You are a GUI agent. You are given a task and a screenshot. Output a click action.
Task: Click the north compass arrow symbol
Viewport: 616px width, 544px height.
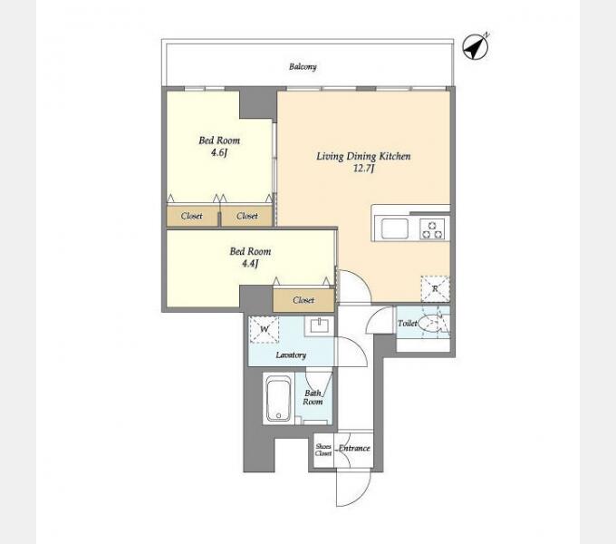(476, 47)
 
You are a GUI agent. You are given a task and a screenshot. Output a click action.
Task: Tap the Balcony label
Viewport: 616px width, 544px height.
(303, 66)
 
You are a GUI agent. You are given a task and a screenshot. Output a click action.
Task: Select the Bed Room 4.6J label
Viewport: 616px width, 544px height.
(219, 146)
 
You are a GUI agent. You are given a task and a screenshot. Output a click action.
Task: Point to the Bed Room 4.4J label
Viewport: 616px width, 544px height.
(250, 257)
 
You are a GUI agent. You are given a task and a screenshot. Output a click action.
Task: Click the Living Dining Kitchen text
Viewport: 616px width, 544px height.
(363, 156)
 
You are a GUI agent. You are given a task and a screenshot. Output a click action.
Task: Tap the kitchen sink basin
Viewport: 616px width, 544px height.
(395, 228)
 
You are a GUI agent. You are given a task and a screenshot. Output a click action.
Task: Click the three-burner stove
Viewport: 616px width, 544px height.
(432, 229)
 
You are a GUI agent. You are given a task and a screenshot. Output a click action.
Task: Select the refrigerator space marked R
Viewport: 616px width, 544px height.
(435, 289)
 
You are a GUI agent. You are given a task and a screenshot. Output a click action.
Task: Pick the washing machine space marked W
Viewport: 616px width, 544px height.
(265, 329)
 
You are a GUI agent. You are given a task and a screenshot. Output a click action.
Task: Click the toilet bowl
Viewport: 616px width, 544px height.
(430, 324)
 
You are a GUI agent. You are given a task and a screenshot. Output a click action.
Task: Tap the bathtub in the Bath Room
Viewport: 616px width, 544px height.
(278, 398)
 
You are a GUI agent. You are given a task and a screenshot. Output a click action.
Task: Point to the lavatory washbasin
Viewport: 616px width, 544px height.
(319, 325)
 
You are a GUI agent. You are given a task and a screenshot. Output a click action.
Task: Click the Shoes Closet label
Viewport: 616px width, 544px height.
(323, 450)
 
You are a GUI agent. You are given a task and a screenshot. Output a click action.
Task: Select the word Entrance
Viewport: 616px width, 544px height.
(354, 448)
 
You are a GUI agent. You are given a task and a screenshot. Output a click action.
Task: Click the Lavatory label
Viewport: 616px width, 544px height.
(291, 355)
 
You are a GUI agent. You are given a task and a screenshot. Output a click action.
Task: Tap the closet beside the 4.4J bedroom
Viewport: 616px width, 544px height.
(303, 300)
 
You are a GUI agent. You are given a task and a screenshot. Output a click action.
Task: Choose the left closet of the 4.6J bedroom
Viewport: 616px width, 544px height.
(192, 216)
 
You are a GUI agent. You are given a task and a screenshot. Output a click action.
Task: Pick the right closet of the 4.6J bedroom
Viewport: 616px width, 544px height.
(246, 216)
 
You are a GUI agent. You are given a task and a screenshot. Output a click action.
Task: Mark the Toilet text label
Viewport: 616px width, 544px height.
(408, 323)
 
